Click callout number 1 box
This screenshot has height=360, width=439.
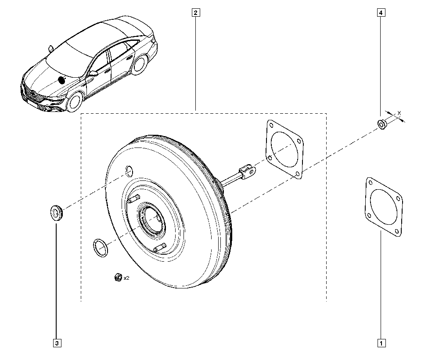point(381,343)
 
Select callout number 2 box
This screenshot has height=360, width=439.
point(195,13)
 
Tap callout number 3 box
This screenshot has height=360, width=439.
point(57,343)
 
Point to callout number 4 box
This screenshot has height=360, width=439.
point(381,13)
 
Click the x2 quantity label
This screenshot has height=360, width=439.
point(126,278)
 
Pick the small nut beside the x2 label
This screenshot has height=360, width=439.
point(118,277)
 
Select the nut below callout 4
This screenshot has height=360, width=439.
point(381,124)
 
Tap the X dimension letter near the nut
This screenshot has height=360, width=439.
point(399,113)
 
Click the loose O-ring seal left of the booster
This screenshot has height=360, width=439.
point(100,248)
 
